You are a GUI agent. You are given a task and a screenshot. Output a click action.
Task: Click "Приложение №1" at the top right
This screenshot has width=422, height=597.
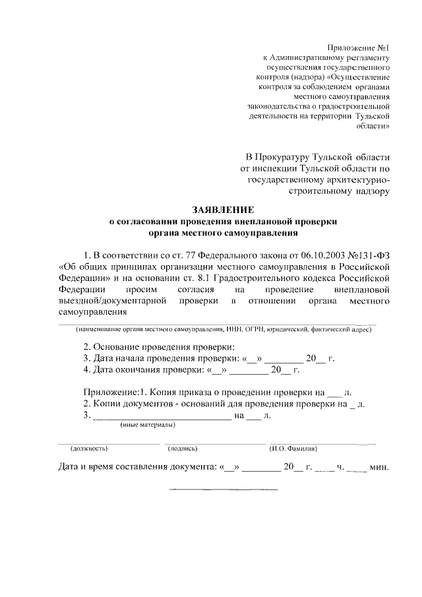click(x=360, y=47)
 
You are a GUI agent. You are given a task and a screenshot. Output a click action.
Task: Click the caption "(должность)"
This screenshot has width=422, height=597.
click(x=89, y=449)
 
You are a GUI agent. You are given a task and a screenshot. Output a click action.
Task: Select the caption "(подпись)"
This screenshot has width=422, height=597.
click(x=183, y=449)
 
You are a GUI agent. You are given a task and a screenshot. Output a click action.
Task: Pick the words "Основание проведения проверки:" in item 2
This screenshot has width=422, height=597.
click(x=164, y=348)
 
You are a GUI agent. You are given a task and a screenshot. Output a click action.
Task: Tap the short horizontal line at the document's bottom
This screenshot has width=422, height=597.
click(x=224, y=489)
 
